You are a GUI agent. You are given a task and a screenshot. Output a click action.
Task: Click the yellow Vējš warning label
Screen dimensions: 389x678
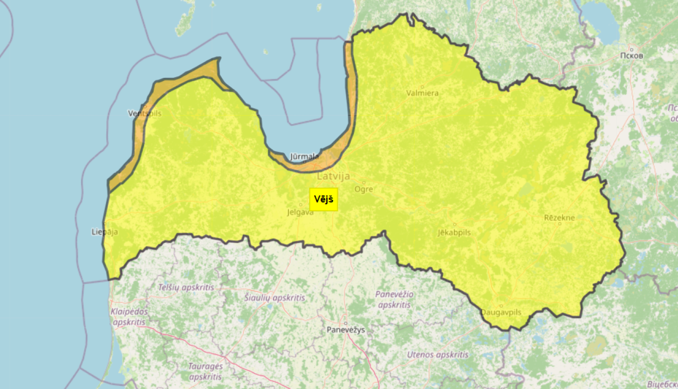tap(324, 199)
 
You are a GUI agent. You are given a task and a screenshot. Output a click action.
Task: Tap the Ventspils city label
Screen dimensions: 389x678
tap(145, 113)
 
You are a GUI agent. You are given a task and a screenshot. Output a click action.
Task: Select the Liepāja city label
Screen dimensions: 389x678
tap(105, 232)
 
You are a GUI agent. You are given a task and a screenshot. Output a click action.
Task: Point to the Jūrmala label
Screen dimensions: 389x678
tap(304, 157)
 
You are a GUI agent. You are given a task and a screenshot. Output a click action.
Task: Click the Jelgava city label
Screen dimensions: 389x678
tap(300, 212)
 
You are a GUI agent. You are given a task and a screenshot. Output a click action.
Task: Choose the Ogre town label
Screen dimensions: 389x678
tap(364, 189)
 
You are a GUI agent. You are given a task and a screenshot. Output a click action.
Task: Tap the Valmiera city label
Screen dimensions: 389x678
tap(422, 93)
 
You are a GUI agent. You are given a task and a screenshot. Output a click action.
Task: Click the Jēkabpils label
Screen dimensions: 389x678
tap(454, 232)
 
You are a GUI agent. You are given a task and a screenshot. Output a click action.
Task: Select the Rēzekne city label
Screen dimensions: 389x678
tap(560, 218)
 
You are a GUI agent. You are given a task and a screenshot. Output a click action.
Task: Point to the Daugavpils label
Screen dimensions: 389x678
tap(501, 312)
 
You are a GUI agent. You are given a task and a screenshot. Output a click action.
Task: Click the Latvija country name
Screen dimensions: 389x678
tap(334, 176)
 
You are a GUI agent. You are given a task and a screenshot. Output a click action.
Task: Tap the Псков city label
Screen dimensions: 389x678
tap(631, 56)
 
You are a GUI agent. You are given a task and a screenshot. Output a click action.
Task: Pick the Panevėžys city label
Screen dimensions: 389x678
tap(346, 330)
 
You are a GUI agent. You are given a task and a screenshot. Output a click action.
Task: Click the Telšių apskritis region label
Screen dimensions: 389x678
tap(186, 287)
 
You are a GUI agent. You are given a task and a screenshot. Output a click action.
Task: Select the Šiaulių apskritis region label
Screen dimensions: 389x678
tap(275, 298)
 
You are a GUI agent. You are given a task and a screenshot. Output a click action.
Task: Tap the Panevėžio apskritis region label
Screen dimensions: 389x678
tap(394, 299)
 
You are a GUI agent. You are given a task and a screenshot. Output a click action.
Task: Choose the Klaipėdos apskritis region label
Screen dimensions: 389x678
tap(129, 317)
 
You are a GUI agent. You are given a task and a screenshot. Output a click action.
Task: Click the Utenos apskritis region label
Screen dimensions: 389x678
tap(438, 355)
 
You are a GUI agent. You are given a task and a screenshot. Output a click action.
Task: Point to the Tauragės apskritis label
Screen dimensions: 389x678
tap(206, 371)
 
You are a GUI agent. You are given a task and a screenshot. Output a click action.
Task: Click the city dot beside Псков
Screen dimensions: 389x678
tap(631, 49)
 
